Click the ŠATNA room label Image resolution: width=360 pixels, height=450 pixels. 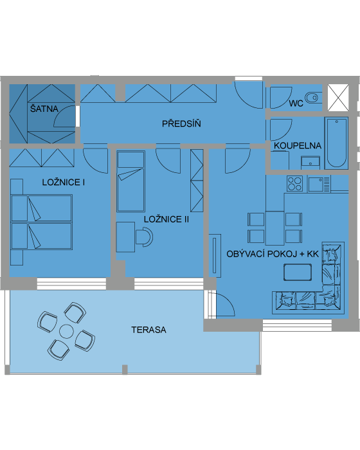[x=44, y=109]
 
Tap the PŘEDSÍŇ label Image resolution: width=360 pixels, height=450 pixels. [x=181, y=123]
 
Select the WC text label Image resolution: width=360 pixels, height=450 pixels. [x=296, y=104]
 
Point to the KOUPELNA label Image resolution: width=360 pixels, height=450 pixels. [x=298, y=145]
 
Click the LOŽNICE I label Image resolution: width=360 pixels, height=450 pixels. [x=64, y=182]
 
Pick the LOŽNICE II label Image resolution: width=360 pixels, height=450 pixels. [x=166, y=219]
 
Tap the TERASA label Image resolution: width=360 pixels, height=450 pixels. [x=148, y=330]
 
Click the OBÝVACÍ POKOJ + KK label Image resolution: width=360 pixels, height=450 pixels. [x=273, y=254]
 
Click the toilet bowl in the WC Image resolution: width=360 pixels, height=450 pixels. [x=313, y=98]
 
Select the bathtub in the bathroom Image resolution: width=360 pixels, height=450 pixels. [x=336, y=143]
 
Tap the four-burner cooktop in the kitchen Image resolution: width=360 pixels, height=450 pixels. [x=294, y=183]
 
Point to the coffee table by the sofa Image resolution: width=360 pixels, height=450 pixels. [x=298, y=272]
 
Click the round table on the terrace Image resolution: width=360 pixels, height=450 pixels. [x=67, y=331]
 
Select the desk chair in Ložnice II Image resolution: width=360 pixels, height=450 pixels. [x=145, y=237]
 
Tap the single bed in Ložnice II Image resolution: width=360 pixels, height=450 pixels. [x=130, y=181]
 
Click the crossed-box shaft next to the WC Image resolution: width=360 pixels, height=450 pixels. [x=338, y=98]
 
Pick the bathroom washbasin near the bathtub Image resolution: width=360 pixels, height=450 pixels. [x=310, y=163]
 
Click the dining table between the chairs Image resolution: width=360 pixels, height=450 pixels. [x=274, y=228]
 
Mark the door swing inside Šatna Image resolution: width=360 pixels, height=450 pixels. [x=64, y=116]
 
